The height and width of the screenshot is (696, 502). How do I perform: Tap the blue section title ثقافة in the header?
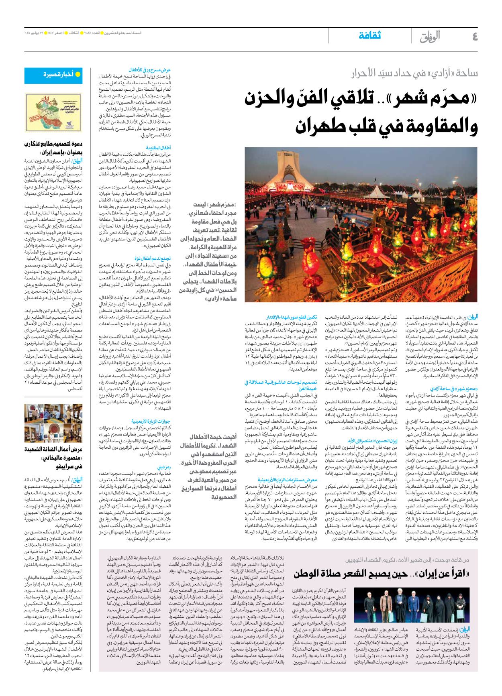369,36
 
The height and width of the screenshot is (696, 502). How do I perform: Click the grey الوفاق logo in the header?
430,37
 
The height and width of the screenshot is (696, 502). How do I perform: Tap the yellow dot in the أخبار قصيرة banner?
78,74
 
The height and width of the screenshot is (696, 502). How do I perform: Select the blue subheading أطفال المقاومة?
158,148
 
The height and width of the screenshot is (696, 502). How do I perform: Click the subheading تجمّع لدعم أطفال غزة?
153,258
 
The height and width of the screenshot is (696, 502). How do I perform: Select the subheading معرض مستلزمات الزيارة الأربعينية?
287,480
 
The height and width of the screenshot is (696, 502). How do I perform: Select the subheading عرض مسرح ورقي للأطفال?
149,70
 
